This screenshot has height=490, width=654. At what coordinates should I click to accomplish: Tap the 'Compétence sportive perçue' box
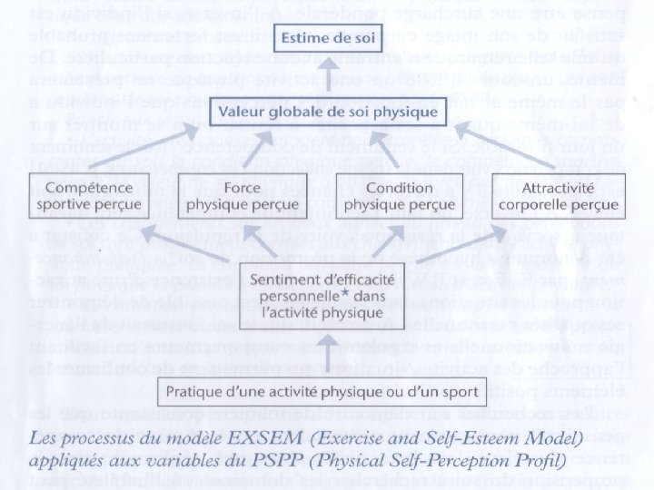[88, 194]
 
